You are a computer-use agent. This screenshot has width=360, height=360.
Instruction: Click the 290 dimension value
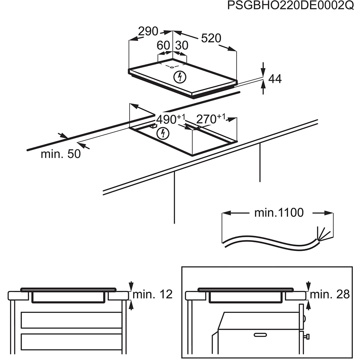(148, 32)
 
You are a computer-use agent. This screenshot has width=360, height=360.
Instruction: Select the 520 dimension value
(211, 38)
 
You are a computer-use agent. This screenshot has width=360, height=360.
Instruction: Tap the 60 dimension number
(163, 45)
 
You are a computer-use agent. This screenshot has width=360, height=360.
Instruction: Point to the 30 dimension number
(181, 45)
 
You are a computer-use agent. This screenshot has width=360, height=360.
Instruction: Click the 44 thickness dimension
(275, 79)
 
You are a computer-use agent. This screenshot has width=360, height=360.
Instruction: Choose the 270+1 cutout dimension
(211, 118)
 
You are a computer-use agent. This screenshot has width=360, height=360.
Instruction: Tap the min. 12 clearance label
(153, 294)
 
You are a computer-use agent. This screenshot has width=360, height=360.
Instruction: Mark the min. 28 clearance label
(330, 294)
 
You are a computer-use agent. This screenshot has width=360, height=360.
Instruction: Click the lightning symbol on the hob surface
(179, 77)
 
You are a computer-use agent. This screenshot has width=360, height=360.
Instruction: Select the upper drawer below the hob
(71, 320)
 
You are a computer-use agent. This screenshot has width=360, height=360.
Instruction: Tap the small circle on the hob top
(172, 67)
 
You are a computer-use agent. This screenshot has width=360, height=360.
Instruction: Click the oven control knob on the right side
(307, 337)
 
